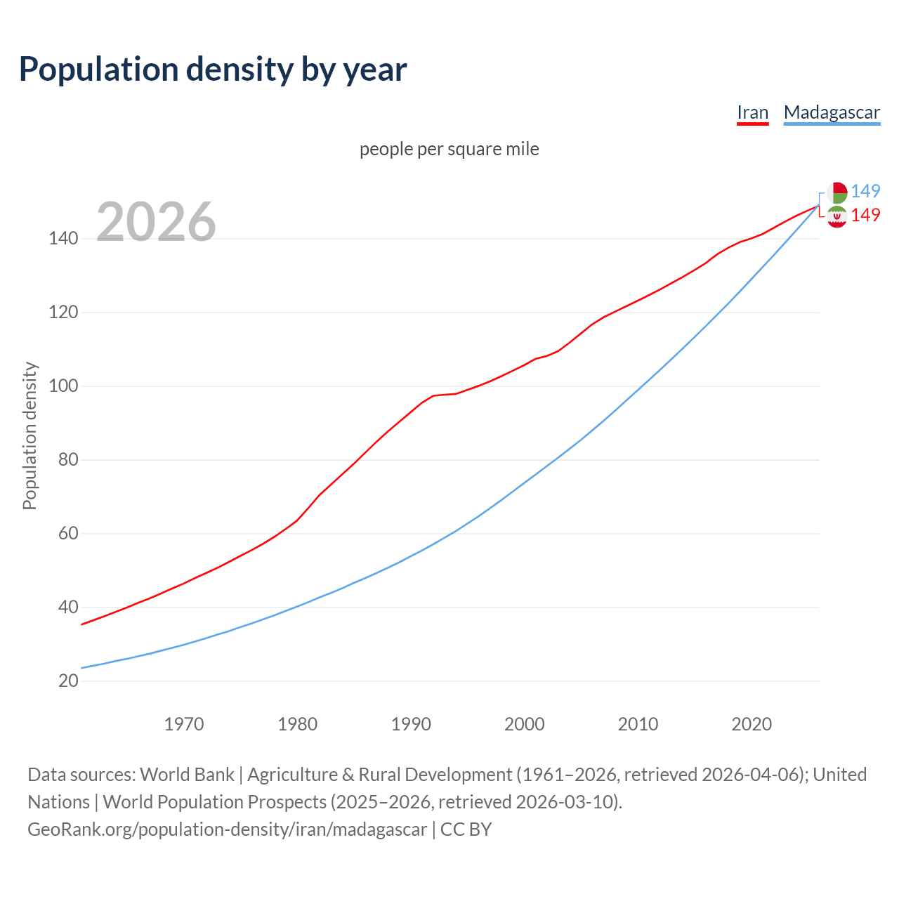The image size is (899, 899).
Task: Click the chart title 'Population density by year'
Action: click(x=213, y=70)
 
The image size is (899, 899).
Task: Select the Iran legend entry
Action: click(x=752, y=112)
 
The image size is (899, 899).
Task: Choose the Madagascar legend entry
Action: click(x=832, y=112)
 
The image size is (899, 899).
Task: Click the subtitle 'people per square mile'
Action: click(x=449, y=149)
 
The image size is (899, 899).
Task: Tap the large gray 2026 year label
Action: click(x=156, y=222)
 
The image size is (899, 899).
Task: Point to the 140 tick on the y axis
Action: click(x=63, y=239)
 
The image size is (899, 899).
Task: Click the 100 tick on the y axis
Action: click(x=63, y=386)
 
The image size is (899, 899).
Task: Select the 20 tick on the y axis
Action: click(x=68, y=681)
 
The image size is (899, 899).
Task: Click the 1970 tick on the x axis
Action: click(x=184, y=724)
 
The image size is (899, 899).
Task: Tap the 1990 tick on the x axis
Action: click(x=411, y=724)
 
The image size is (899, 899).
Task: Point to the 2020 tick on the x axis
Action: click(x=752, y=724)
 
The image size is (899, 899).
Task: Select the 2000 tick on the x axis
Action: click(x=525, y=724)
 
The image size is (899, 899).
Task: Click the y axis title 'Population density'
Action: click(x=29, y=435)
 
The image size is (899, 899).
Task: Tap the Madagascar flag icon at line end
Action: click(x=836, y=192)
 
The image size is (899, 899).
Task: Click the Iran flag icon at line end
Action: click(x=836, y=217)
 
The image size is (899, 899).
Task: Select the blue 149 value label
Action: click(x=865, y=191)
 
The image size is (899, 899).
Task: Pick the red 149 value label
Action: click(x=865, y=215)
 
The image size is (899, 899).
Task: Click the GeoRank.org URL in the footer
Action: click(x=227, y=829)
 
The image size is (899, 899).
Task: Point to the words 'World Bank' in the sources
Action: click(x=187, y=775)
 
